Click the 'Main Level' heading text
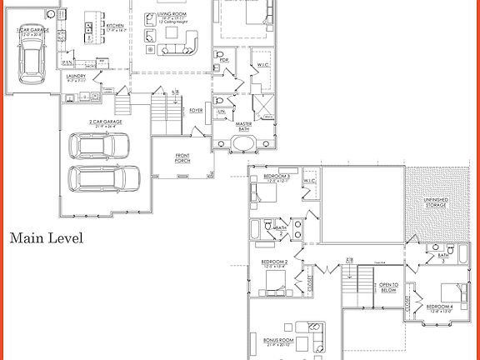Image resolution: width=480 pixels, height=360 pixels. tap(46, 238)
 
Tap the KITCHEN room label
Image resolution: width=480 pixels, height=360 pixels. tap(115, 26)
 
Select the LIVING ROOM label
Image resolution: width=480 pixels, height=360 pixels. tap(168, 14)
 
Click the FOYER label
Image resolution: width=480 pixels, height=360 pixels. tap(197, 110)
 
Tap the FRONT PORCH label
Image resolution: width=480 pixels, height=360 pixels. tap(182, 158)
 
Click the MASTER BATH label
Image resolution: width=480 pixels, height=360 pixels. tap(244, 126)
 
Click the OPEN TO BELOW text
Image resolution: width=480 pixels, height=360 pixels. tap(388, 287)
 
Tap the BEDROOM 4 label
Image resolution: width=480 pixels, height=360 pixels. tap(439, 306)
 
